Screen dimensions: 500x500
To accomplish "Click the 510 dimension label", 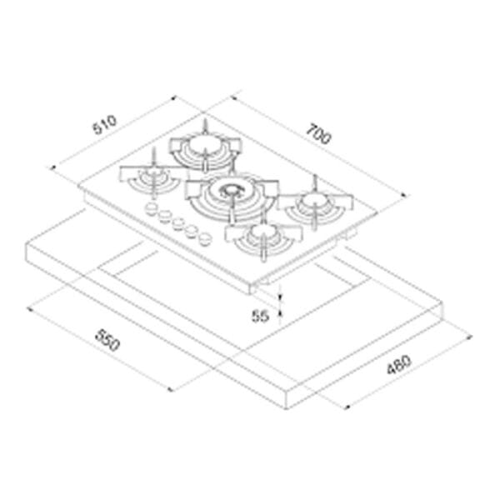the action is [x=105, y=125].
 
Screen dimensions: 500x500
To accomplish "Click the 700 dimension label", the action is [x=319, y=134].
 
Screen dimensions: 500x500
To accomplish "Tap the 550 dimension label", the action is [x=107, y=340].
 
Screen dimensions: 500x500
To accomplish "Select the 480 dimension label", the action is [x=399, y=364].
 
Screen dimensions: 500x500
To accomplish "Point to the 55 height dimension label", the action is [x=261, y=316].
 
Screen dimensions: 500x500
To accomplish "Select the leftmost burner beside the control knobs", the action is [x=152, y=178].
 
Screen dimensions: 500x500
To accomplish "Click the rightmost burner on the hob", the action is [x=315, y=204].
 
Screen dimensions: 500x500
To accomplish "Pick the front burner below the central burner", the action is [x=263, y=241].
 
